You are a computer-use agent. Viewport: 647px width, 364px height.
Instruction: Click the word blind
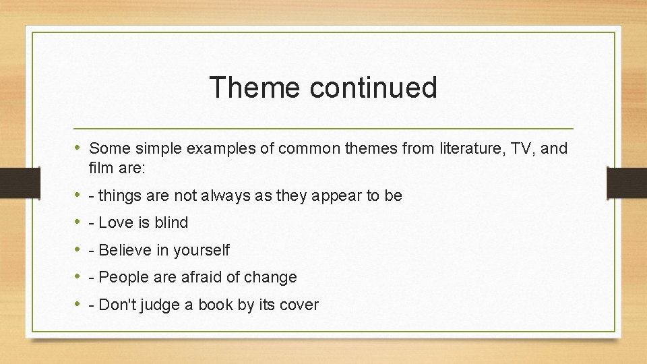(172, 222)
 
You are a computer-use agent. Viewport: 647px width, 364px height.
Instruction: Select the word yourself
(201, 250)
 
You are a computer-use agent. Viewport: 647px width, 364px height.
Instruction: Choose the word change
(274, 277)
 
